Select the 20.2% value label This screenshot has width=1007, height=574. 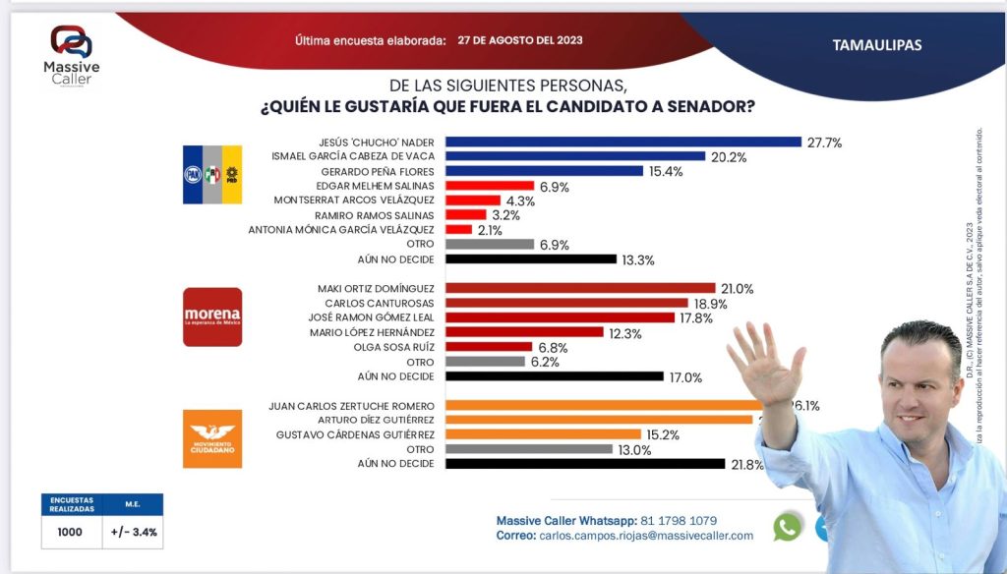pos(728,156)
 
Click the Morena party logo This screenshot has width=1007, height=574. pos(212,316)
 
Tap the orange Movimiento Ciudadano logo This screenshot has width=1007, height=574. pos(212,438)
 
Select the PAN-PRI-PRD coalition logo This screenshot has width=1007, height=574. pos(212,174)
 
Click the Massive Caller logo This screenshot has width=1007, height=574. pos(71,54)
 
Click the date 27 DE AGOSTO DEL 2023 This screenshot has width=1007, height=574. pos(520,41)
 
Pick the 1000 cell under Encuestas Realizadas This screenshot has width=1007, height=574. pos(71,532)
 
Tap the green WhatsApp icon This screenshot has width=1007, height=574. pos(787,527)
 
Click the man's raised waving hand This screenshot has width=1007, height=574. pos(764,363)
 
